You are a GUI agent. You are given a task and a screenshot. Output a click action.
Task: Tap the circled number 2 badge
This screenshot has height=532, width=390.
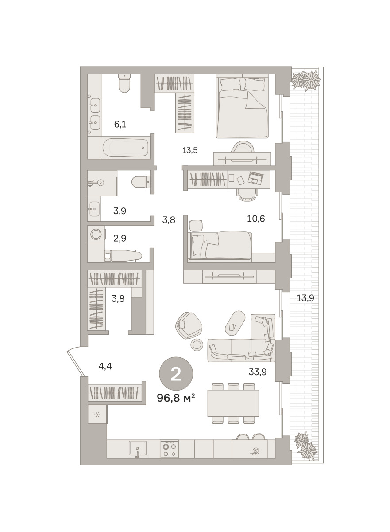176,374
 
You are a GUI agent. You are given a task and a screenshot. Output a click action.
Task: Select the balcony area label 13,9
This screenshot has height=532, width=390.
305,298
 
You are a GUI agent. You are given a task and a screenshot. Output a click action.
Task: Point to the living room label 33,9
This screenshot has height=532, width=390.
258,372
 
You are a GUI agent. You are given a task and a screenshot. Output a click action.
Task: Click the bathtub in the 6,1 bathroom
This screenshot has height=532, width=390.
125,147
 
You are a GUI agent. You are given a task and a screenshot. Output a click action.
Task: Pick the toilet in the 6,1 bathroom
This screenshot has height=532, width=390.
124,84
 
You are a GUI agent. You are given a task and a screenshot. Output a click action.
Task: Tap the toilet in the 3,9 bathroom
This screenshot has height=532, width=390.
141,182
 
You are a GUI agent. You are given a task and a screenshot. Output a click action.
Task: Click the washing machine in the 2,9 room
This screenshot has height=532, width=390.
96,234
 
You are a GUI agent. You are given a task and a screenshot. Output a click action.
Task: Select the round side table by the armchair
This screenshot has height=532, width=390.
197,344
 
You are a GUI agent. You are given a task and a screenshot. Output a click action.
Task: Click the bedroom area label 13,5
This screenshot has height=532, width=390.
190,150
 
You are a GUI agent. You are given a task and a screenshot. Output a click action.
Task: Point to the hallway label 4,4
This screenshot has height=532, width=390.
105,367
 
